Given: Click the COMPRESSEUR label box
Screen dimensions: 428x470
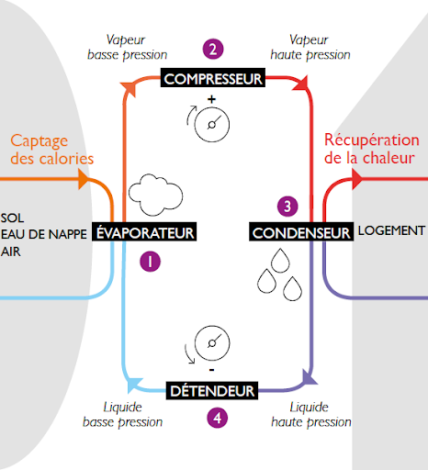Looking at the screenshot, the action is [x=213, y=78].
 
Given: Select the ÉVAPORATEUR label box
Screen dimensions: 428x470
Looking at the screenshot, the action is [x=144, y=231].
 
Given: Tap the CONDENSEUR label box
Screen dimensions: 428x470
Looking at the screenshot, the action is [x=301, y=232].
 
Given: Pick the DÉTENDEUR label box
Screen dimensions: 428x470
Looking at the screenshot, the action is [x=212, y=390].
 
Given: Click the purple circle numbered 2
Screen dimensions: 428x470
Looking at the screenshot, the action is [x=213, y=49].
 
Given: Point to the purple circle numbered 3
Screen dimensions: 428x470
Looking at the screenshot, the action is [x=287, y=207].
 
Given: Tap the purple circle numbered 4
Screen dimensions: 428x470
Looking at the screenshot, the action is [x=218, y=418].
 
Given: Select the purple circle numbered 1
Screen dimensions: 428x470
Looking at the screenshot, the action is [x=150, y=262].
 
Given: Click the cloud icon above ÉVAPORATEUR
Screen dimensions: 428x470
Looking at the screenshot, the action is [x=155, y=195].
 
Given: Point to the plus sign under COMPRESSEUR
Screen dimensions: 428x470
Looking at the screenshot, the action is [x=211, y=99].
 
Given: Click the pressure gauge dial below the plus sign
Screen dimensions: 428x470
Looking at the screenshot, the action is [x=212, y=125].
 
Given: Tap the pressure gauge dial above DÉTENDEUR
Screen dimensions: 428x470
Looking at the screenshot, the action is [x=212, y=343].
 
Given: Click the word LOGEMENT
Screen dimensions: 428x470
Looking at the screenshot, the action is [x=391, y=230].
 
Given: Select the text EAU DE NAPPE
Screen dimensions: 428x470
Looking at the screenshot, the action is [x=44, y=234].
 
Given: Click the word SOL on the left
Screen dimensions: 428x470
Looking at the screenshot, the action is [x=12, y=218].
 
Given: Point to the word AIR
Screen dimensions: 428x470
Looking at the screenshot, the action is [x=11, y=252].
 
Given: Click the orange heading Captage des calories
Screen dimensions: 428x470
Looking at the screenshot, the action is [x=51, y=150].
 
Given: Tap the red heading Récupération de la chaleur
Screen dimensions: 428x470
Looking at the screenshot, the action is [x=372, y=149].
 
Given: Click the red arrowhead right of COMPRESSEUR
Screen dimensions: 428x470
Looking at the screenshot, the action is [x=301, y=83].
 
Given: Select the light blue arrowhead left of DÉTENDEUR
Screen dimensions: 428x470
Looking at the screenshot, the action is [x=134, y=385].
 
